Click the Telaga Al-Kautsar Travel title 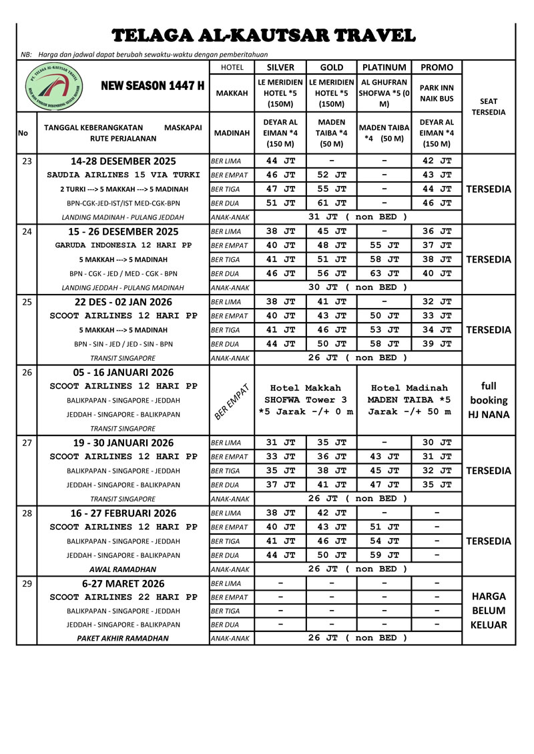[264, 35]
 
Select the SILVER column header [280, 67]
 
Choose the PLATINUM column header [384, 67]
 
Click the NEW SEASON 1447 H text [153, 86]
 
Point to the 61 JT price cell [332, 203]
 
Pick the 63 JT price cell [384, 273]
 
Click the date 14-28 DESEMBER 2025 [123, 161]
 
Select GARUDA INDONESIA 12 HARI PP [123, 245]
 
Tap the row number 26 [27, 372]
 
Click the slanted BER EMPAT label [232, 400]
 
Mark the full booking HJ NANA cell [488, 400]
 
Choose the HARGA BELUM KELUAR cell [488, 611]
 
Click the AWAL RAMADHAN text [123, 569]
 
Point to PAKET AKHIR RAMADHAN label [123, 639]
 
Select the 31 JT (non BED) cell [358, 217]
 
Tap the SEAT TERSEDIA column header [488, 107]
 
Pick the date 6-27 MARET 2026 [123, 583]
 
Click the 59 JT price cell [384, 555]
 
